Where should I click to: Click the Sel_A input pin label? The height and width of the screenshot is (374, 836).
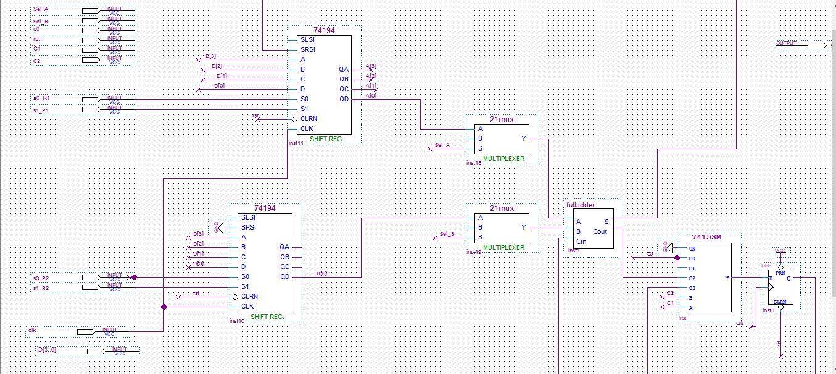pos(41,10)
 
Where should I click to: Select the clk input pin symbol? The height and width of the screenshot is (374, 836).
pos(87,331)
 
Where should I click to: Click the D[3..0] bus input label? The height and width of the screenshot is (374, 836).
pos(47,350)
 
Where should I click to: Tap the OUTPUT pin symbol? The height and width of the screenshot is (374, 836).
pos(816,45)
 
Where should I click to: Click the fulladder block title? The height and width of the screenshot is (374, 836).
pos(580,205)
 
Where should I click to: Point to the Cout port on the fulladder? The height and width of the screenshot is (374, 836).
pos(600,232)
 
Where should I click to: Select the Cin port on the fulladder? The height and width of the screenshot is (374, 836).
pos(581,241)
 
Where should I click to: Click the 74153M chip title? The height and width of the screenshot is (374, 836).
pos(706,237)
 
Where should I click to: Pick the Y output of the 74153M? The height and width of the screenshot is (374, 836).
pos(727,278)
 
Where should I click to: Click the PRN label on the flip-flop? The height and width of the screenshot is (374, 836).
pos(780,272)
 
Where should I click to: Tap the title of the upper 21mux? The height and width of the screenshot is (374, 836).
pos(502,120)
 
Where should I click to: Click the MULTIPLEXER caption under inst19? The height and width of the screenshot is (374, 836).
pos(503,247)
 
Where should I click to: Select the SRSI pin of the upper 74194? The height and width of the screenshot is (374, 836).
pos(307,49)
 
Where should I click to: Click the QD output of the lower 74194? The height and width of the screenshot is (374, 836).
pos(284,276)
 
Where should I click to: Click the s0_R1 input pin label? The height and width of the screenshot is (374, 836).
pos(41,99)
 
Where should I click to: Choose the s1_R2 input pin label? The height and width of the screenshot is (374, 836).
pos(41,288)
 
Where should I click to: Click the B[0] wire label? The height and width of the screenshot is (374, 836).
pos(321,273)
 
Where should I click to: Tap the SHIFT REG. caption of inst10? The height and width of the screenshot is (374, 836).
pos(267,317)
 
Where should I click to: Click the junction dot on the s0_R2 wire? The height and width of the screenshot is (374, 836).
pos(134,278)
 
